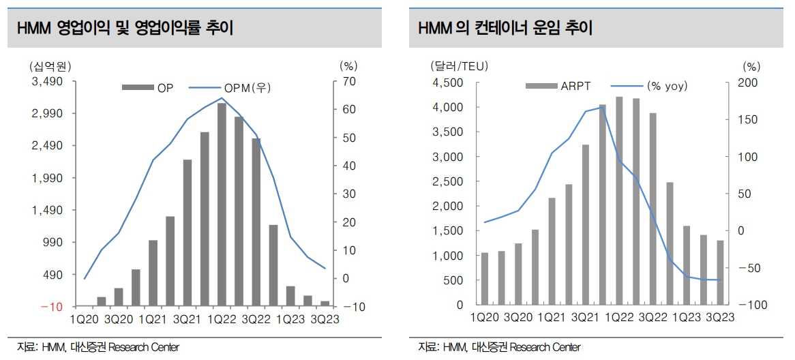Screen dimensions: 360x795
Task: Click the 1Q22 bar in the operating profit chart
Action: (222, 205)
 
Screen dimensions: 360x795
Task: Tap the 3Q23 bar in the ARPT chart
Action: (720, 272)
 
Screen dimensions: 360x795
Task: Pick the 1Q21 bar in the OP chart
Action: (153, 273)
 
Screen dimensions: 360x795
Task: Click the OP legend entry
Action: (147, 87)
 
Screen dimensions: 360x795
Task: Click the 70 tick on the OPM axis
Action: (348, 81)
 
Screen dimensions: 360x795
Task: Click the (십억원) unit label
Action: (50, 66)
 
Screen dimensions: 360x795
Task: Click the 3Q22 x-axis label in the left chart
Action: (255, 319)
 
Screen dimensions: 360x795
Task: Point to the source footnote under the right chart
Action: (499, 348)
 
